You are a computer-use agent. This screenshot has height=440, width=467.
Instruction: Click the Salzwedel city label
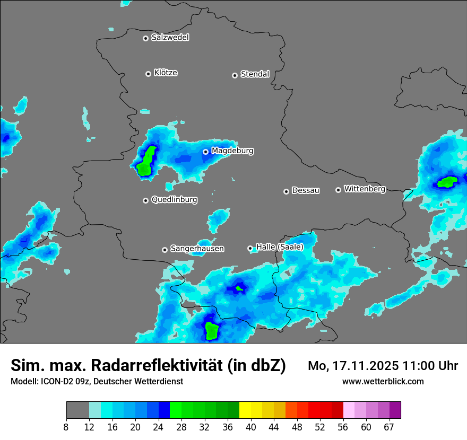[170, 38]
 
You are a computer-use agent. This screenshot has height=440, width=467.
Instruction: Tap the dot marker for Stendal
[235, 75]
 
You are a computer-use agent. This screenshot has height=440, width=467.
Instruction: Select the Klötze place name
[166, 73]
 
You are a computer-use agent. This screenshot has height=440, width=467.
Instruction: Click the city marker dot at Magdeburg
[205, 152]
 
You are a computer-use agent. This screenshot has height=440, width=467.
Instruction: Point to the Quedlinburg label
[174, 200]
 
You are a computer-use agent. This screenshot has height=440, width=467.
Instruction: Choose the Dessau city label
[306, 190]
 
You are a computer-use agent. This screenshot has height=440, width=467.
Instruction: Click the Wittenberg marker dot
[338, 190]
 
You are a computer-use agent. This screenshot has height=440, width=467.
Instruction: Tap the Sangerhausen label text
[197, 249]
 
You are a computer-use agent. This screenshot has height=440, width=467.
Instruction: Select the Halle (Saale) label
[280, 247]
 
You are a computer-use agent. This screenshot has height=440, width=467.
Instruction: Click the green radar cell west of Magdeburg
[145, 162]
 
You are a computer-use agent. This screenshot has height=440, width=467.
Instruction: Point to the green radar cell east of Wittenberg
[447, 182]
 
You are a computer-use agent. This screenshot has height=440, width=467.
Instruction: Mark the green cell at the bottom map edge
[212, 330]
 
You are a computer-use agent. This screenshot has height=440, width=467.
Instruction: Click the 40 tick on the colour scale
[251, 427]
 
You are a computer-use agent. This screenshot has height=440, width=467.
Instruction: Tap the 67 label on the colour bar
[389, 427]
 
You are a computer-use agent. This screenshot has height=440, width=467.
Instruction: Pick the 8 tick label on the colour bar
[66, 427]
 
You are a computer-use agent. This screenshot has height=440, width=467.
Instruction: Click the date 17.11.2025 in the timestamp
[360, 365]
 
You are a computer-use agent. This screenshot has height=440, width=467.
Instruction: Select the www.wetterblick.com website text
[383, 381]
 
